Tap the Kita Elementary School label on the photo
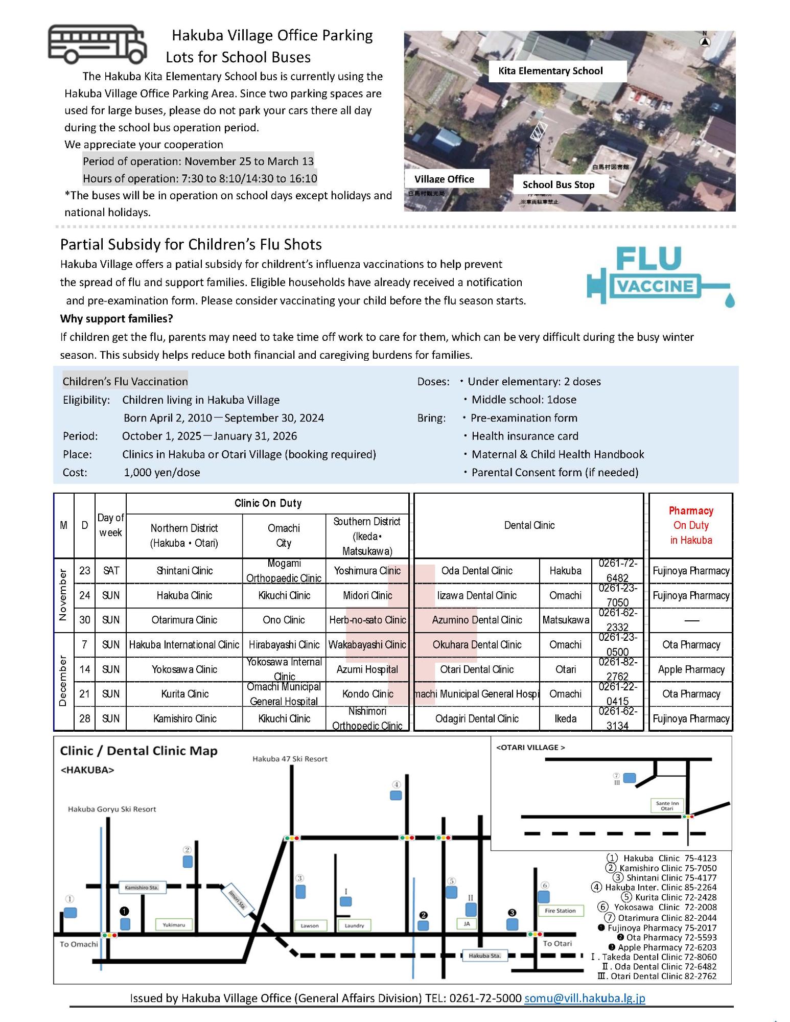pyautogui.click(x=550, y=71)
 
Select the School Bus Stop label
pyautogui.click(x=558, y=184)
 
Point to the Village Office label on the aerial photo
pyautogui.click(x=444, y=179)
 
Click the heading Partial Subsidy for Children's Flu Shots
pyautogui.click(x=191, y=244)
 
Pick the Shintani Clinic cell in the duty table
pyautogui.click(x=184, y=571)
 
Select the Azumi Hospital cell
pyautogui.click(x=367, y=669)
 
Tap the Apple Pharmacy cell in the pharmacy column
pyautogui.click(x=691, y=669)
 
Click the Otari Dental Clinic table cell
pyautogui.click(x=476, y=669)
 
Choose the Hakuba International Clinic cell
pyautogui.click(x=184, y=645)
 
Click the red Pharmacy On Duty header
pyautogui.click(x=691, y=525)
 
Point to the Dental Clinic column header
pyautogui.click(x=529, y=525)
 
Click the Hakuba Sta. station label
pyautogui.click(x=484, y=956)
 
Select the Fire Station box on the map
pyautogui.click(x=560, y=911)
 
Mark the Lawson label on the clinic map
pyautogui.click(x=310, y=925)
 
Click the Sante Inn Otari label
pyautogui.click(x=667, y=806)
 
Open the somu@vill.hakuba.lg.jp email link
pyautogui.click(x=585, y=998)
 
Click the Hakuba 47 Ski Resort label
pyautogui.click(x=290, y=759)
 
